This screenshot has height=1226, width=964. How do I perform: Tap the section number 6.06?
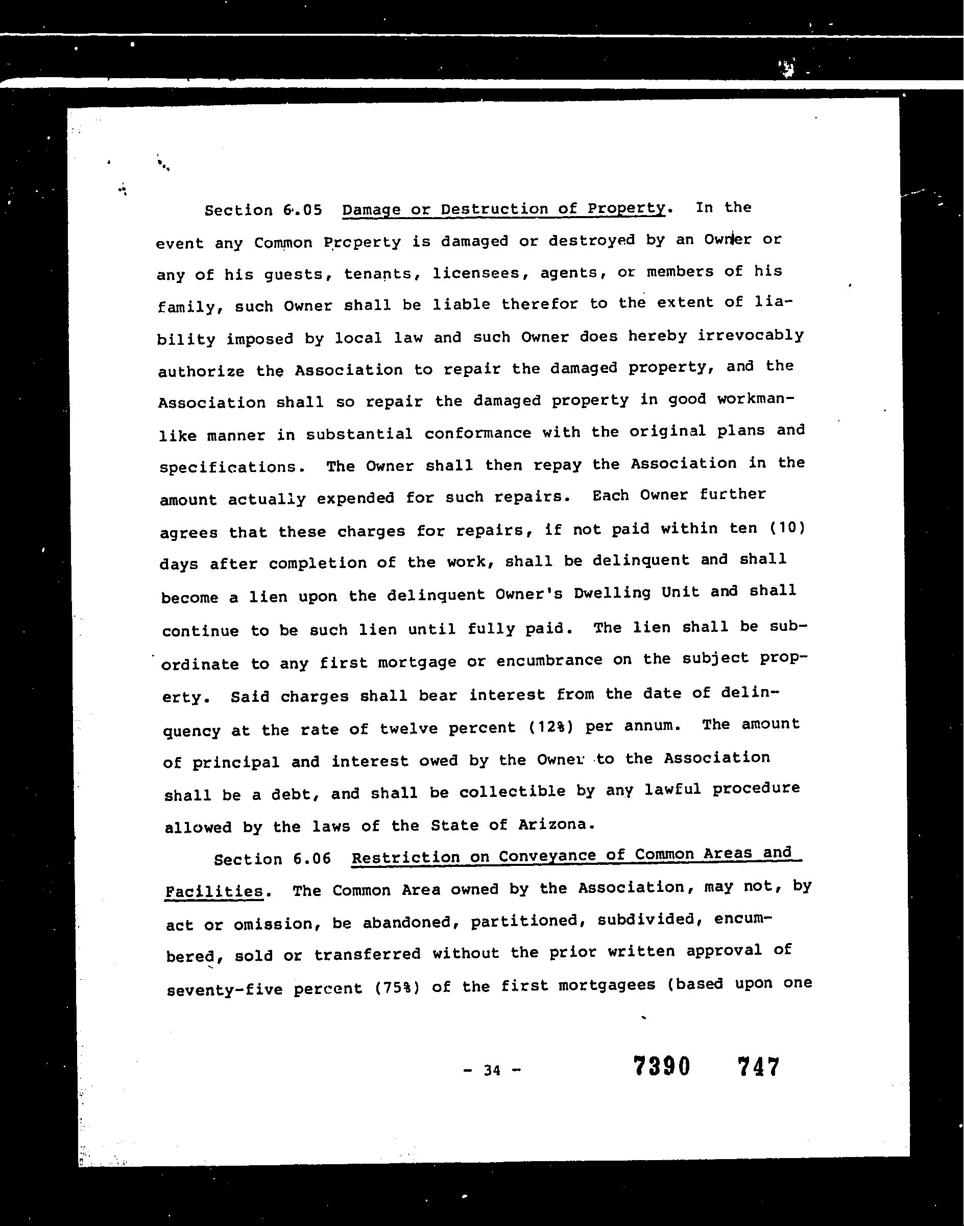311,859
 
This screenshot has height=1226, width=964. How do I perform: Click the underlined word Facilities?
214,892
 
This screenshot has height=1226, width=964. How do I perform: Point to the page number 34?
492,1070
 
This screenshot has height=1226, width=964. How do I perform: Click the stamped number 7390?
662,1066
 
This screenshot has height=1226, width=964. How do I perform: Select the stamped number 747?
758,1067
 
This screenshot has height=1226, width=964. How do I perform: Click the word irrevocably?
751,336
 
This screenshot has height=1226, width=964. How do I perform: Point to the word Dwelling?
612,594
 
